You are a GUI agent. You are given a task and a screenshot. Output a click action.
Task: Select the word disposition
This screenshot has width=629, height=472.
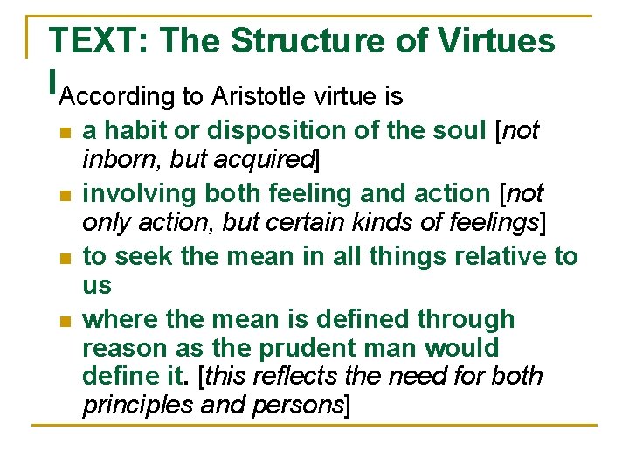(x=259, y=131)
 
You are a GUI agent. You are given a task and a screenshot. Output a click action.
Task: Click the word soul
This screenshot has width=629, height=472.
(x=455, y=131)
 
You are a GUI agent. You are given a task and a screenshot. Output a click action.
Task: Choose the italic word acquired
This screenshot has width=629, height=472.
(x=272, y=159)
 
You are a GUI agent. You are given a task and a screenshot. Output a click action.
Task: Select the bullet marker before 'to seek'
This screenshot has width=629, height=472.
(x=63, y=259)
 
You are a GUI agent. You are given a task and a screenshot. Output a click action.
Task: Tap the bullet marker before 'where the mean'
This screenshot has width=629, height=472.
(x=63, y=322)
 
